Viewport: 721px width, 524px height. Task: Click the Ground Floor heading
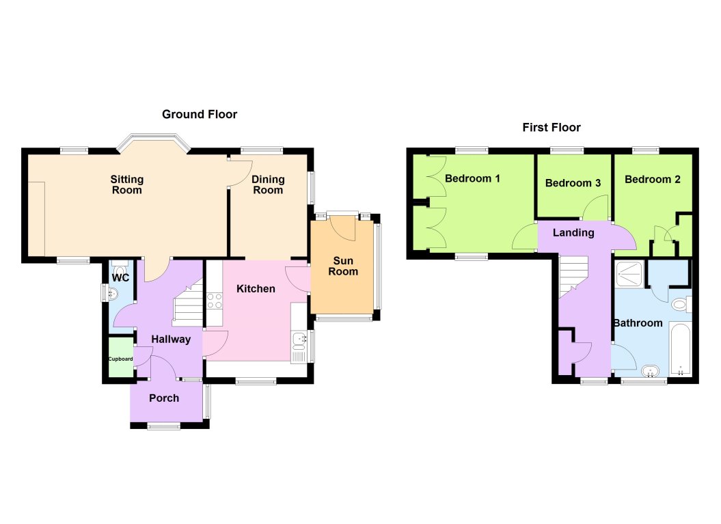coord(200,114)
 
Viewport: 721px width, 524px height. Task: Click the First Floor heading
coord(551,127)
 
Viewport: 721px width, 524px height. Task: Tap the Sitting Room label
coord(127,184)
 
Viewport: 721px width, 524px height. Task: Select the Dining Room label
coord(268,184)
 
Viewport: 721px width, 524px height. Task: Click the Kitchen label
coord(256,288)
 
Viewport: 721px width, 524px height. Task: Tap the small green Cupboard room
coord(121,357)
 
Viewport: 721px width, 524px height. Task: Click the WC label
coord(121,278)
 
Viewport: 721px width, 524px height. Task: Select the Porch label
coord(164,398)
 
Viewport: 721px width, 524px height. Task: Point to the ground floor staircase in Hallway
coord(187,305)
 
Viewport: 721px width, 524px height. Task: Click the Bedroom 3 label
coord(573,182)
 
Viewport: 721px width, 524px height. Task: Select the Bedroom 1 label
coord(472,178)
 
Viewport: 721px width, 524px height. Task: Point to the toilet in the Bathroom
coord(681,304)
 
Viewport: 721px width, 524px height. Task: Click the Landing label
coord(573,232)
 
